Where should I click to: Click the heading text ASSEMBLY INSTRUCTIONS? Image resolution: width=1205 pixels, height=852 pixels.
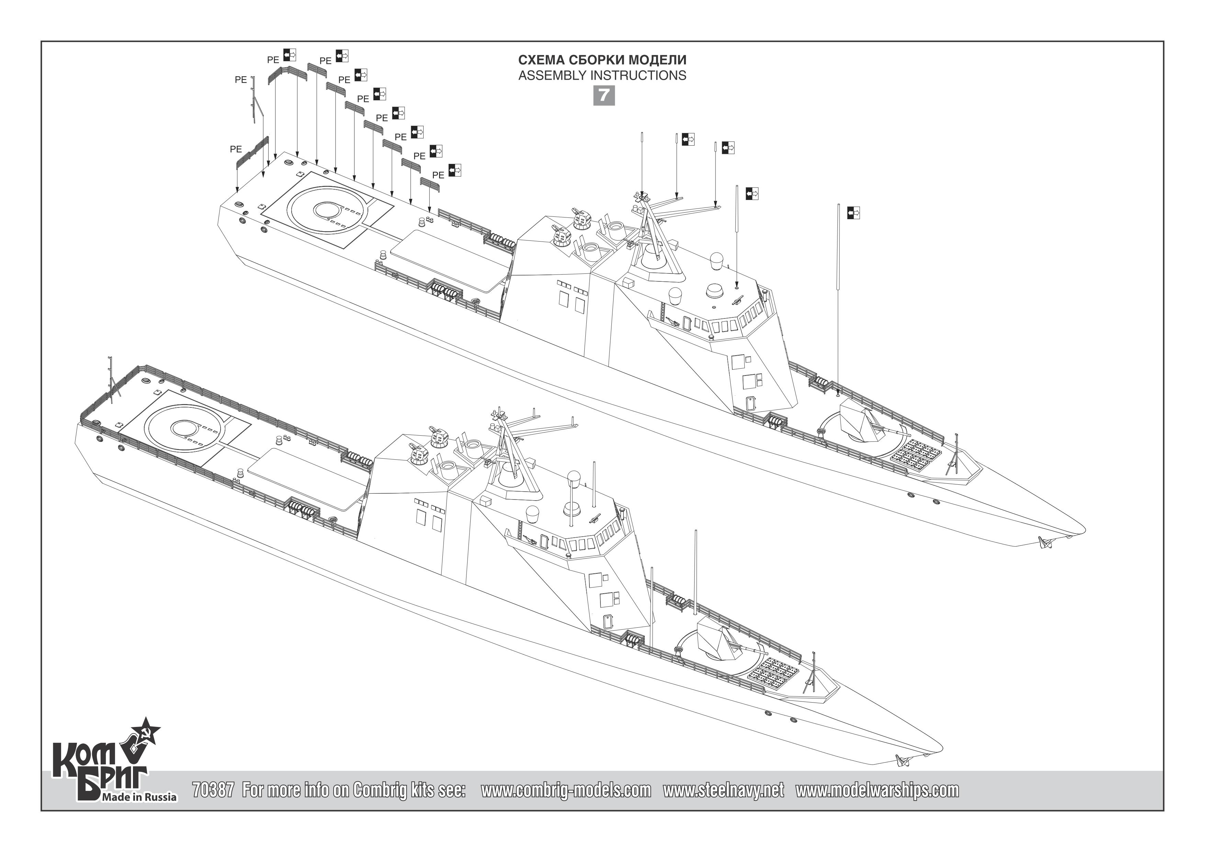point(602,76)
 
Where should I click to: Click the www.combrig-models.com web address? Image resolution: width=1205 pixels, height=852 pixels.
point(566,790)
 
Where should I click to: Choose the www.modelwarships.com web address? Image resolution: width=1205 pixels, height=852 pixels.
point(877,790)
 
